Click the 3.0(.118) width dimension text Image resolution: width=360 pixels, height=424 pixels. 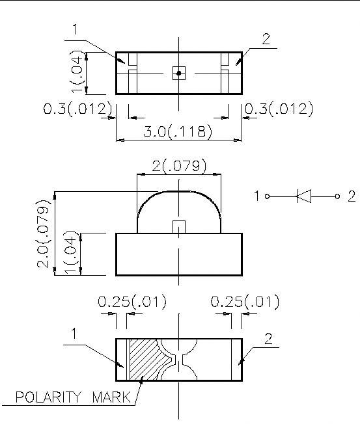point(178,131)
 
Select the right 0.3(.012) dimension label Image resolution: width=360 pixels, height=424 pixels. point(279,109)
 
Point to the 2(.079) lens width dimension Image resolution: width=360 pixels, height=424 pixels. point(179,166)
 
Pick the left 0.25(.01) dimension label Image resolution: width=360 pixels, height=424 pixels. point(132,302)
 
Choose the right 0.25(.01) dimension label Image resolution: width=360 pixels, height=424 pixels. point(245,302)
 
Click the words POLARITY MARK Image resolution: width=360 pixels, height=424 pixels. point(72,397)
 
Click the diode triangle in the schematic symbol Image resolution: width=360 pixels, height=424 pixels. point(305,196)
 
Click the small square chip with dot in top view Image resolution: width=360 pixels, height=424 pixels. point(178,73)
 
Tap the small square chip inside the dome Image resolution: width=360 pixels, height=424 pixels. point(178,227)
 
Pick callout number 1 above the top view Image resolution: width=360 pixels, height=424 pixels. point(76,29)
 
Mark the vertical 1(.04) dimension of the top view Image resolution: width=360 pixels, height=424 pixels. point(77,73)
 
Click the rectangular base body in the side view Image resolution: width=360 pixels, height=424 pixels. point(179,255)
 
